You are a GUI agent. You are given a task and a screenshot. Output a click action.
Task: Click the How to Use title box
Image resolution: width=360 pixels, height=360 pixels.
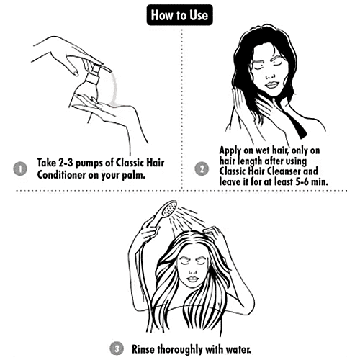pos(179,15)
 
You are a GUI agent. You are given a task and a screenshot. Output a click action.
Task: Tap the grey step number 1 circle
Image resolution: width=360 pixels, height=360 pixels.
pos(20,168)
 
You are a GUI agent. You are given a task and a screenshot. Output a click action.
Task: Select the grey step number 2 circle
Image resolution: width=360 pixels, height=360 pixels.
pos(202,168)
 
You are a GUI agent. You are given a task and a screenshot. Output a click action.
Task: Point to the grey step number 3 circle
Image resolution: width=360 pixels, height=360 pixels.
pos(117,348)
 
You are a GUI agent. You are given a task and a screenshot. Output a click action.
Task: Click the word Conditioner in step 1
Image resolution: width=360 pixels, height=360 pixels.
pos(61,174)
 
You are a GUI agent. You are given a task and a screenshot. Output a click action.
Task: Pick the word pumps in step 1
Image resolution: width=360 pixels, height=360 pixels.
pos(89,163)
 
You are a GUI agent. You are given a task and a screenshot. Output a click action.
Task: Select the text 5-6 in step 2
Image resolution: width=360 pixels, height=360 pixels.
pos(302,181)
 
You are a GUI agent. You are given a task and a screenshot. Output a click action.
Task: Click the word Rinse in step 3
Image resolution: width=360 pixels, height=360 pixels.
pos(143,349)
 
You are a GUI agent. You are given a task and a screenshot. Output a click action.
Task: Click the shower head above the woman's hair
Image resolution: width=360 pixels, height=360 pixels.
pos(169,208)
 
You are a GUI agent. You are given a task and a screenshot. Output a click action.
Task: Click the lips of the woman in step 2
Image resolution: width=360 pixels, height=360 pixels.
pos(271,85)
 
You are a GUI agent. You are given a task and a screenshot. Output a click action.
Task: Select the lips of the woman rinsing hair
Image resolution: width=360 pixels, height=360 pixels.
pos(192,279)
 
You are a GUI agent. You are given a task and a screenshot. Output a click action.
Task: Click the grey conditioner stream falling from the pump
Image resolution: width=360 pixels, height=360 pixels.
pos(114,89)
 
